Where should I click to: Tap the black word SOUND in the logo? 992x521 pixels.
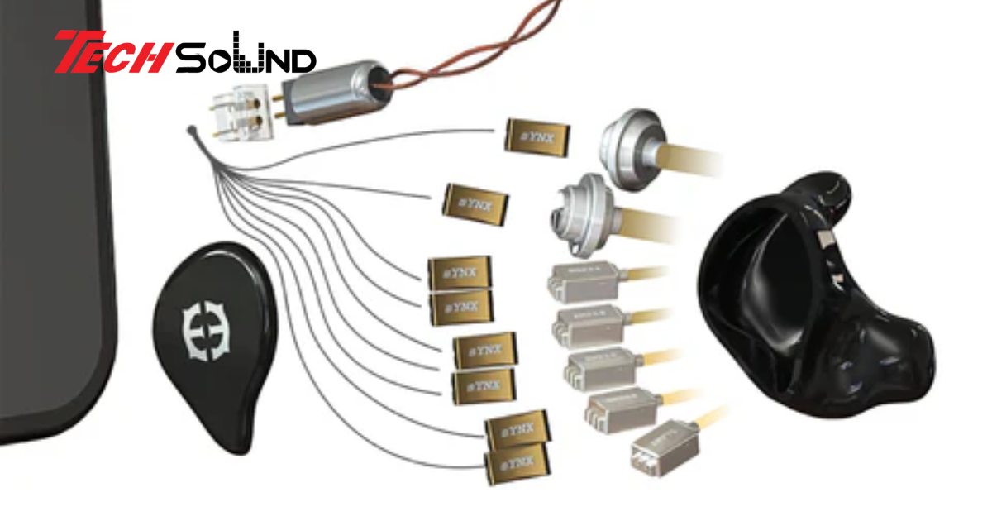coord(246,56)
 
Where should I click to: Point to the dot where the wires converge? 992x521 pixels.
coord(192,131)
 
